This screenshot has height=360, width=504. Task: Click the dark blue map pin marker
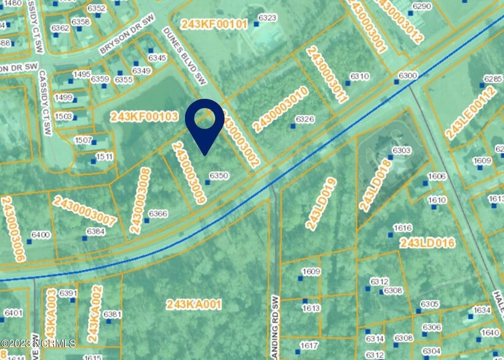pyautogui.click(x=204, y=124)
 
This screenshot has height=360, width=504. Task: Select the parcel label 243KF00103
pyautogui.click(x=144, y=116)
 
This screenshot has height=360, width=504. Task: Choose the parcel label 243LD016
pyautogui.click(x=427, y=244)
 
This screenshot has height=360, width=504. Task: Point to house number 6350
pyautogui.click(x=219, y=176)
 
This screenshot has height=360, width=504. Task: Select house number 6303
pyautogui.click(x=401, y=150)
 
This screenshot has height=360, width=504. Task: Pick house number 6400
pyautogui.click(x=40, y=234)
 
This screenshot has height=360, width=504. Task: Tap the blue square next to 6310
pyautogui.click(x=347, y=82)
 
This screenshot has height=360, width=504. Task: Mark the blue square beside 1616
pyautogui.click(x=390, y=234)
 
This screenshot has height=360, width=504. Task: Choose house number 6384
pyautogui.click(x=96, y=231)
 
